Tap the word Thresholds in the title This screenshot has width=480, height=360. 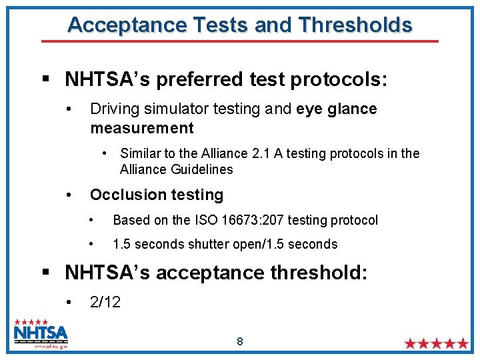coord(356,25)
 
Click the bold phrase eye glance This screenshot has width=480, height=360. coord(337,109)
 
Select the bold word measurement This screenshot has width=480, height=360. coord(141,128)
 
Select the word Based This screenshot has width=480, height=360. coord(130,220)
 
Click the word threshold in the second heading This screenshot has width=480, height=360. coord(319,273)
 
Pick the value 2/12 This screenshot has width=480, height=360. coord(105,302)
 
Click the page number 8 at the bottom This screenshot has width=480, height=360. coord(240,342)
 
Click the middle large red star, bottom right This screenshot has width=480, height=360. coord(437,344)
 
